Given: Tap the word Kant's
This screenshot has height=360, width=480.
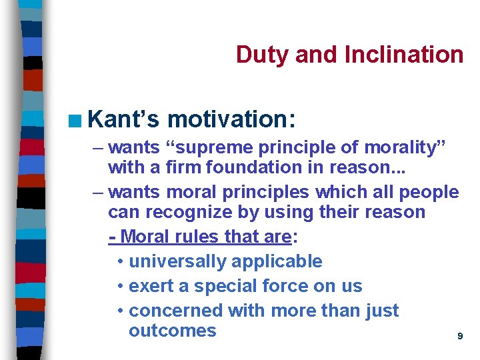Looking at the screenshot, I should coord(123,119).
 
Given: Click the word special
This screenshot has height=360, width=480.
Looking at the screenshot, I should coord(216,286).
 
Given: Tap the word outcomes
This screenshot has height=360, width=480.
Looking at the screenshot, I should coord(172,331).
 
